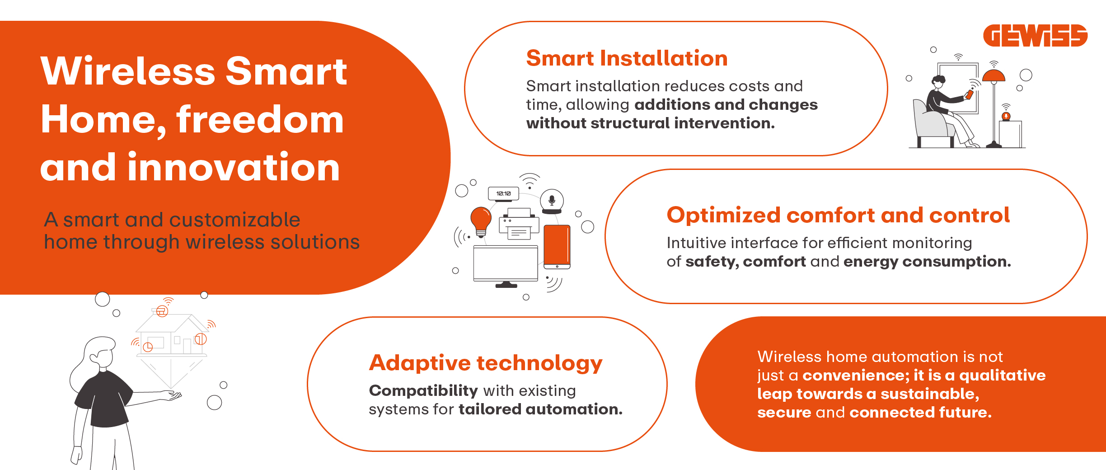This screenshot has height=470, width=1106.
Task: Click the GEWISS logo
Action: coord(1035,36)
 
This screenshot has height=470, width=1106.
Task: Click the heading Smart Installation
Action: coord(627,58)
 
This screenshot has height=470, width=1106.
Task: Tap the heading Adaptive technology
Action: coord(486,363)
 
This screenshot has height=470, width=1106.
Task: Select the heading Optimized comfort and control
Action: coord(838,215)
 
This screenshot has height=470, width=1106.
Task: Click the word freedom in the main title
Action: coord(260,120)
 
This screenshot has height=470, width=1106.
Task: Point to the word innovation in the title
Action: coord(234,167)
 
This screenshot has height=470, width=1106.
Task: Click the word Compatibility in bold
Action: coord(423,390)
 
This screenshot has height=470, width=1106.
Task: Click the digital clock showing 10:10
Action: coord(504,193)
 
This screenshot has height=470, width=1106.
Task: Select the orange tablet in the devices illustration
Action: coord(557,246)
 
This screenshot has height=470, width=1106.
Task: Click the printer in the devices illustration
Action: coord(519,224)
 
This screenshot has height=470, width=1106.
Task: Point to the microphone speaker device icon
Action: coord(552,201)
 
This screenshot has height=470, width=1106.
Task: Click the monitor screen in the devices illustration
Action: coord(506,263)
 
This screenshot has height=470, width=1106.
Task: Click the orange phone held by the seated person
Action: coord(969,94)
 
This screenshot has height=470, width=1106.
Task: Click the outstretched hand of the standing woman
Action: coord(171,396)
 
